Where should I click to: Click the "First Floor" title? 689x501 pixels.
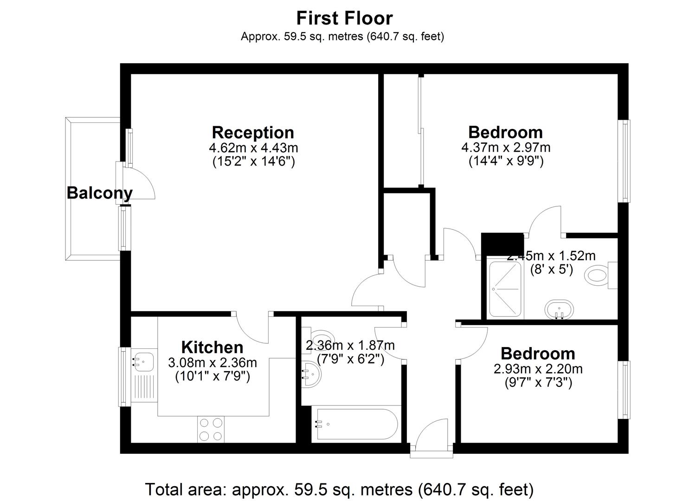(x=344, y=18)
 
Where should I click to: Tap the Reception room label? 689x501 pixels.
(x=253, y=133)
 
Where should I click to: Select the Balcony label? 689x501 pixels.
(x=99, y=193)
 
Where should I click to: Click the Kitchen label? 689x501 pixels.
(x=212, y=347)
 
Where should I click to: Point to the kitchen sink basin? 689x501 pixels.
(x=144, y=362)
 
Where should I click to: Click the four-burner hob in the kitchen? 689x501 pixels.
(x=211, y=430)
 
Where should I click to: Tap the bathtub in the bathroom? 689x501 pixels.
(x=356, y=424)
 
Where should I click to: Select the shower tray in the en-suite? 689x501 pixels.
(x=505, y=289)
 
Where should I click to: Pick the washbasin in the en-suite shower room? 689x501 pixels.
(x=559, y=309)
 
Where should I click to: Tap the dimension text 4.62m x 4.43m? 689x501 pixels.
(x=253, y=148)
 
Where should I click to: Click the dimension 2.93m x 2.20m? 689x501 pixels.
(x=538, y=369)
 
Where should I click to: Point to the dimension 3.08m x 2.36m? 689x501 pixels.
(x=212, y=363)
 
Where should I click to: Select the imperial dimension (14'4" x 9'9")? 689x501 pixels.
(x=506, y=161)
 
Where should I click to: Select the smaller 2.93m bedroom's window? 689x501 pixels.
(x=624, y=390)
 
